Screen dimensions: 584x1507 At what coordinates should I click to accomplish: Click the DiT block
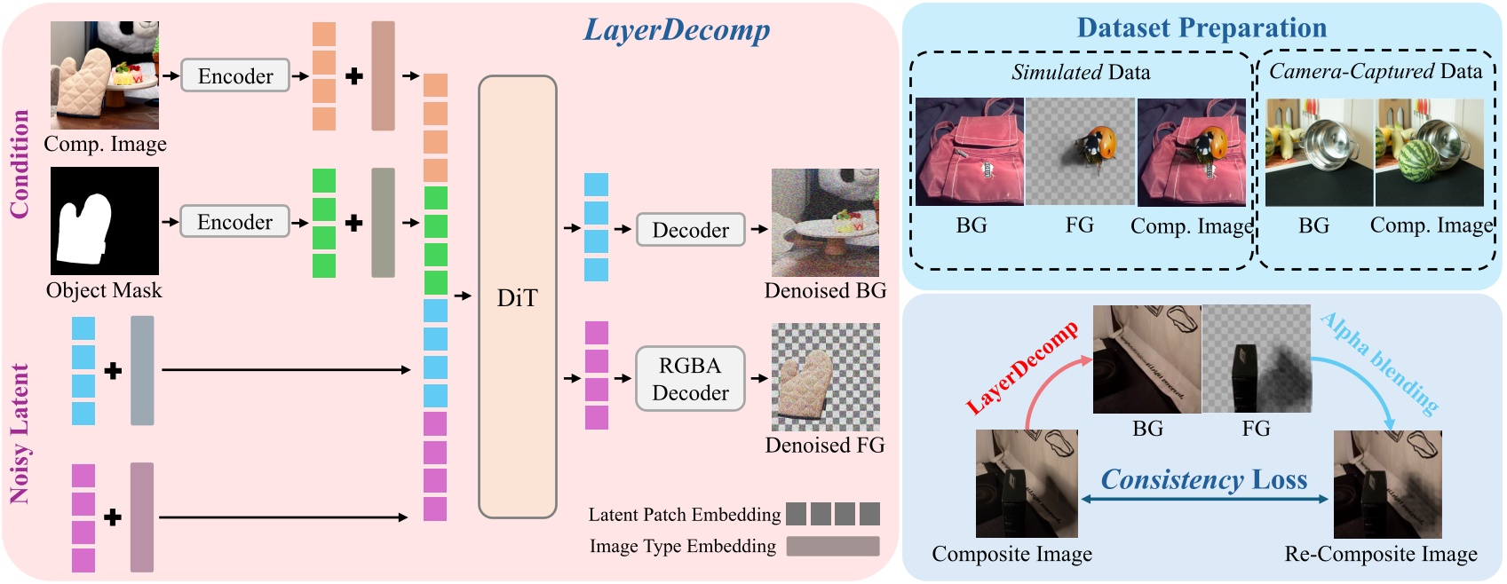point(518,297)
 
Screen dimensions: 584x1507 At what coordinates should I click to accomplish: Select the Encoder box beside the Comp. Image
point(235,76)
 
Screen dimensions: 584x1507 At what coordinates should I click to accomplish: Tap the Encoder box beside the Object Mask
point(235,222)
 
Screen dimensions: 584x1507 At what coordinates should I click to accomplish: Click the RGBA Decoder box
point(690,379)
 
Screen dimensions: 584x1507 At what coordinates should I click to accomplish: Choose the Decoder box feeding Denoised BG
point(690,230)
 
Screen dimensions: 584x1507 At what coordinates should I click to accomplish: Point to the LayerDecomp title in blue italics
point(676,30)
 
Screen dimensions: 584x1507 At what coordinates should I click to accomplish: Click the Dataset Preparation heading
point(1202,28)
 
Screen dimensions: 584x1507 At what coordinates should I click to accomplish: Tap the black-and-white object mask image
point(105,221)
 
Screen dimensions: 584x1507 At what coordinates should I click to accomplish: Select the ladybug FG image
point(1080,152)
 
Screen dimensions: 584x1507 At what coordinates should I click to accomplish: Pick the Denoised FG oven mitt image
point(825,377)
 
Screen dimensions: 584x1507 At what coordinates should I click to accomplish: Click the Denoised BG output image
point(825,223)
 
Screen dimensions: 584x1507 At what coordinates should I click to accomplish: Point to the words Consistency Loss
point(1204,480)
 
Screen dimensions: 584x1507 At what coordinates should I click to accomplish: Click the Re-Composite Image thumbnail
point(1388,485)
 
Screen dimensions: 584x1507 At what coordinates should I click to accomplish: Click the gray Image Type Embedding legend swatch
point(833,546)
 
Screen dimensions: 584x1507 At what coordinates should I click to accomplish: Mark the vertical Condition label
point(20,164)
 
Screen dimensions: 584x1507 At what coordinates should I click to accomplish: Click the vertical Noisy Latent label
point(20,434)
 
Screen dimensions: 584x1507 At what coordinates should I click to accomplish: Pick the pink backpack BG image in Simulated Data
point(970,152)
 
